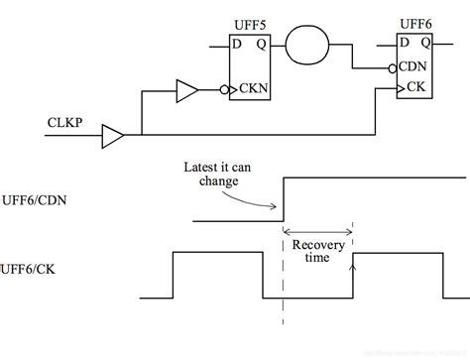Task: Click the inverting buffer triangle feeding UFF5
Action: tap(186, 92)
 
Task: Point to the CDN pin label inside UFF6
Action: tap(416, 68)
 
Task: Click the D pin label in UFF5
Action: tap(237, 45)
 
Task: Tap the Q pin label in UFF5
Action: tap(261, 45)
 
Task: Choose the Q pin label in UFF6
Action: tap(426, 44)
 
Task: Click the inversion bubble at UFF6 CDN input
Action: tap(392, 68)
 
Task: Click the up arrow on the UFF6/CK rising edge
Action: tap(354, 264)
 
